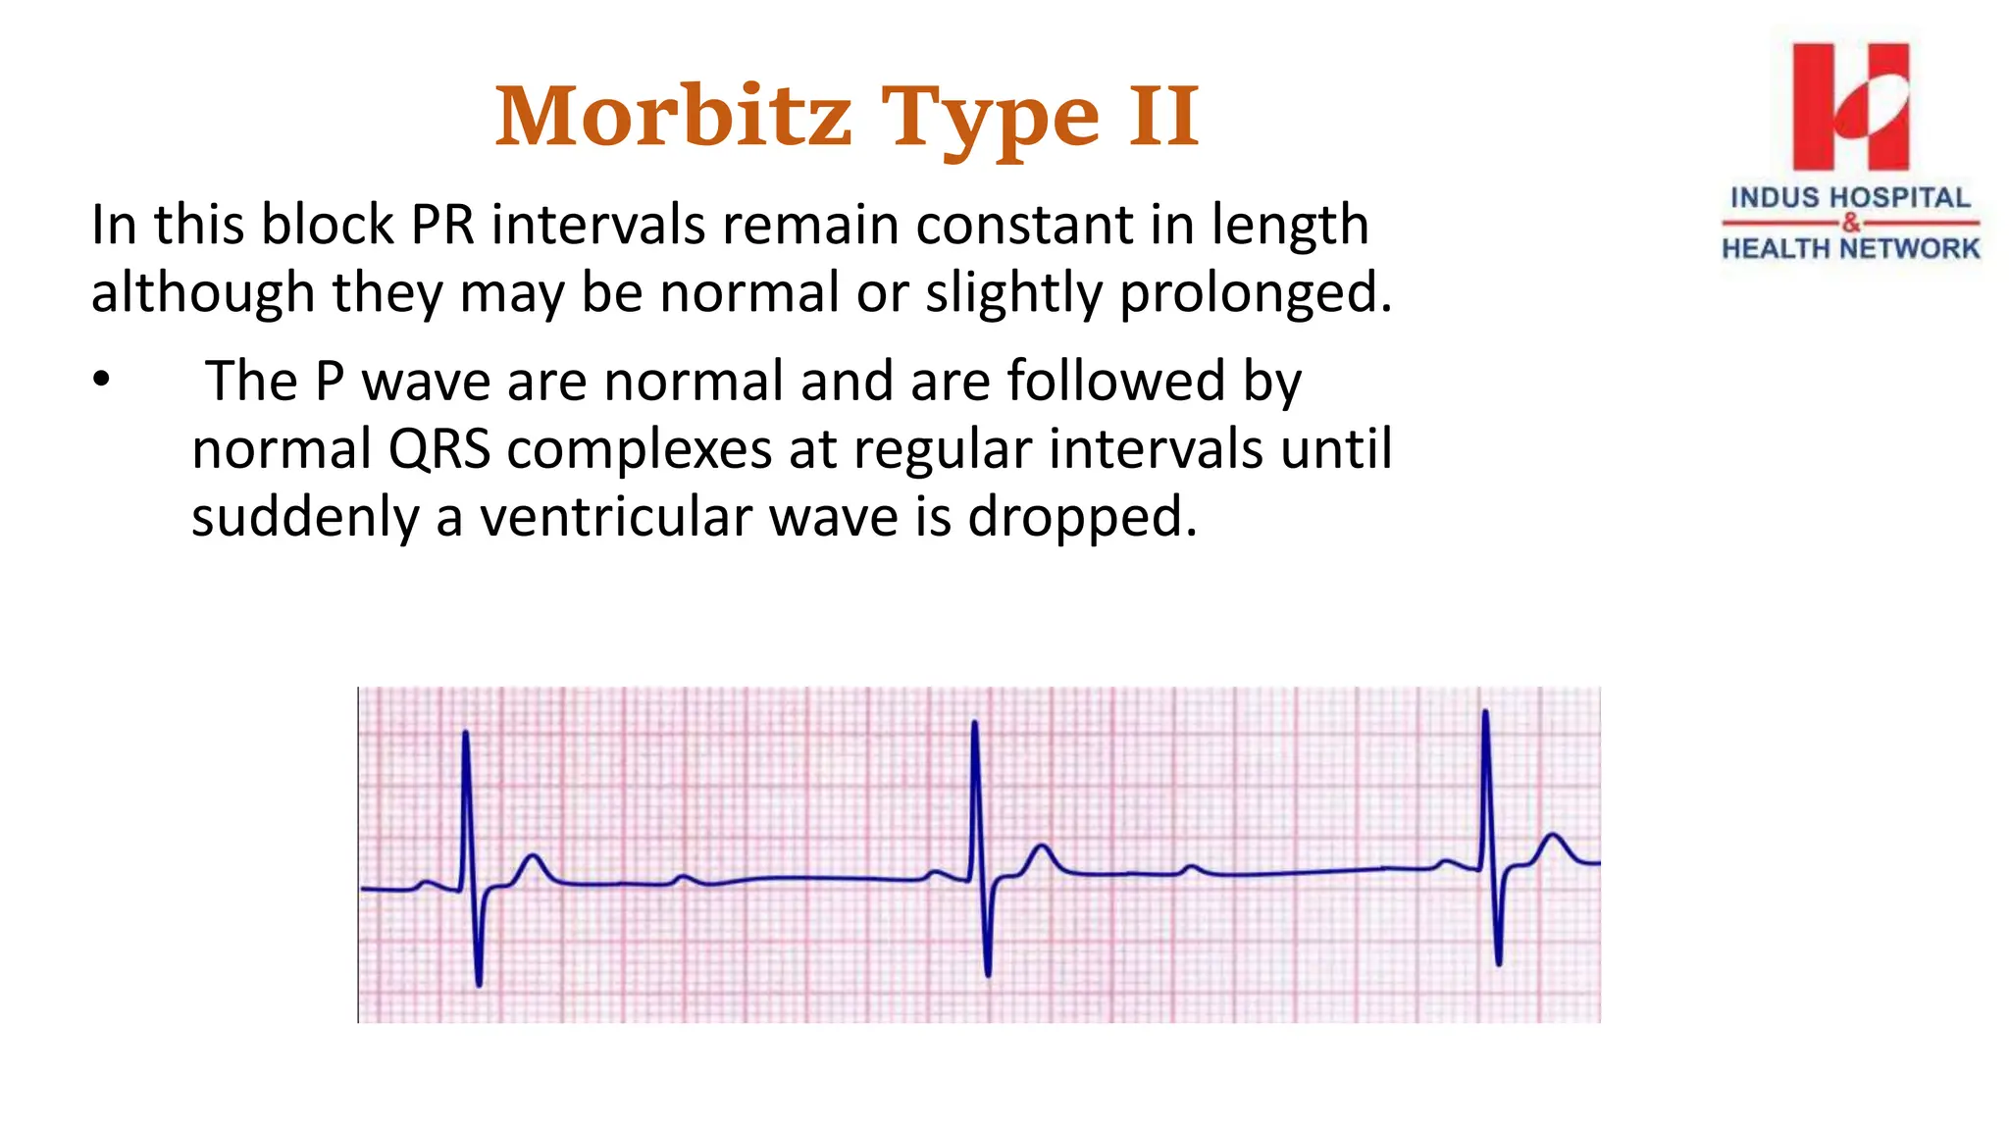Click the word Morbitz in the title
coord(673,118)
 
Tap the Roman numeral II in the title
coord(1163,118)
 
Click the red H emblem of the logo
coord(1850,106)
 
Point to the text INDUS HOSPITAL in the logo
coord(1850,197)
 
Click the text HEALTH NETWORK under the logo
coord(1850,248)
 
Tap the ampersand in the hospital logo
coord(1850,223)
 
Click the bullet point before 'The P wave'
coord(102,381)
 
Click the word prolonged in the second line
coord(1255,293)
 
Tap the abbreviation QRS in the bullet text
coord(438,449)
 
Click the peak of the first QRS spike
coord(465,733)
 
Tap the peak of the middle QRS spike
coord(974,723)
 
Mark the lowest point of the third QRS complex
coord(1499,964)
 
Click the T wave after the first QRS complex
coord(534,857)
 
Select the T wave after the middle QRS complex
coord(1043,847)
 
